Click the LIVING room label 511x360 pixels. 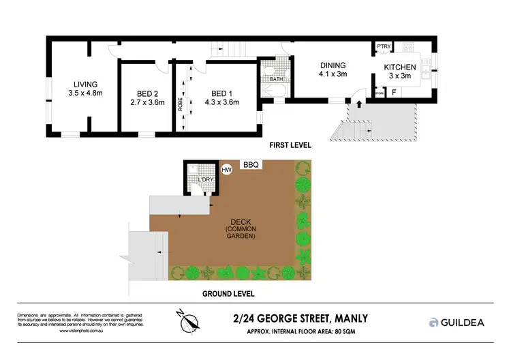82,84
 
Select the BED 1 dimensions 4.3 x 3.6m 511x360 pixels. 221,103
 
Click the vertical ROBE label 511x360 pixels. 180,103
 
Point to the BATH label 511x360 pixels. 276,79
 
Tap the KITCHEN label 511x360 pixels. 399,67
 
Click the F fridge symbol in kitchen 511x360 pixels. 394,91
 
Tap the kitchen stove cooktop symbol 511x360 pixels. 409,48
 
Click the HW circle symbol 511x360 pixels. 227,170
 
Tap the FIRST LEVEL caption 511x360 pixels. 289,145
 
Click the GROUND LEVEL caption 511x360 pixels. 230,294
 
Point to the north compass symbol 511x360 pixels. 190,320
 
